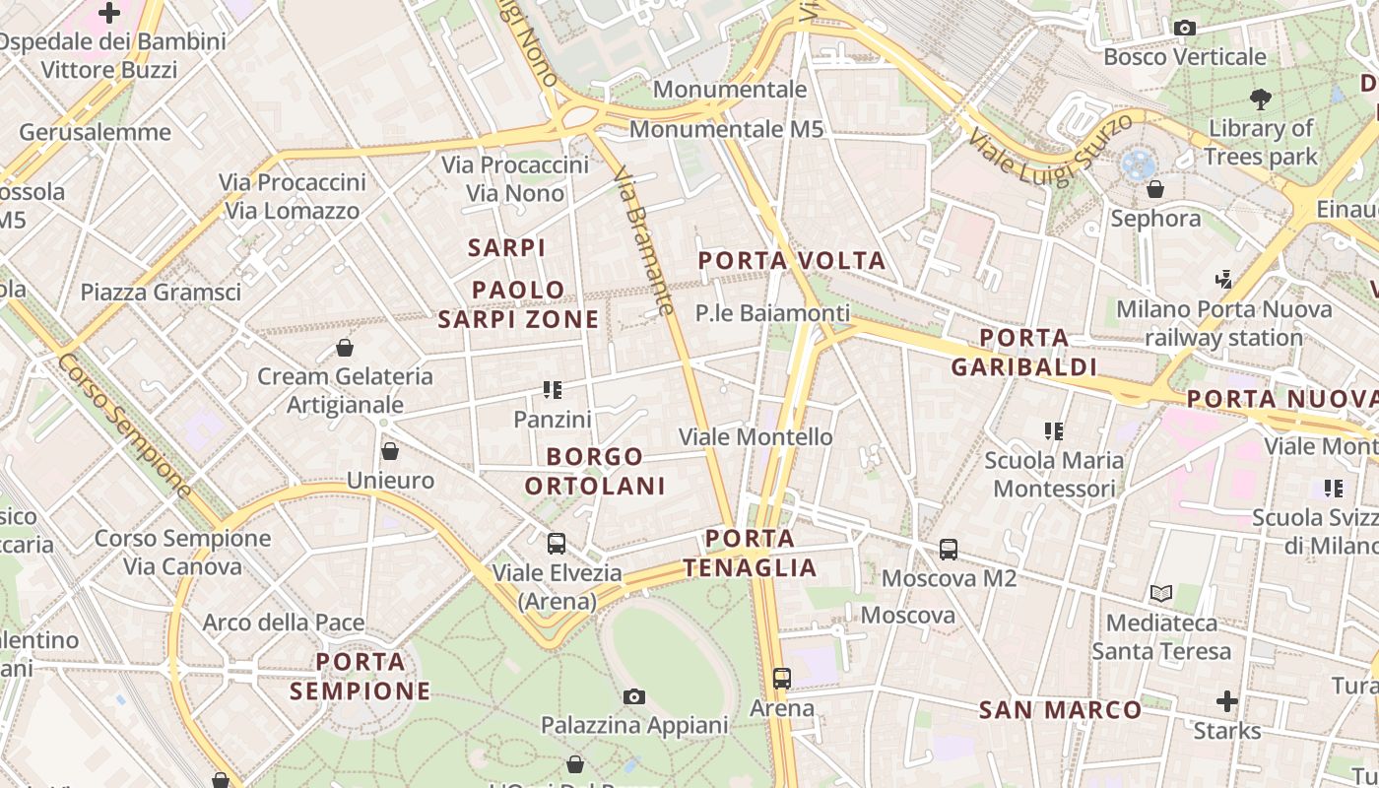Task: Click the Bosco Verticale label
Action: click(1184, 57)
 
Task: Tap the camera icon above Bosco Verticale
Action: click(1184, 29)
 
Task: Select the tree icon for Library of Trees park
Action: click(1260, 98)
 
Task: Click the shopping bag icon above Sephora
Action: click(1155, 189)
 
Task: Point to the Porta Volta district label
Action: click(792, 261)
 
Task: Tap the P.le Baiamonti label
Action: click(772, 313)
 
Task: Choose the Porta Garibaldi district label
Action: click(1024, 353)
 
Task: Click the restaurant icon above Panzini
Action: click(553, 390)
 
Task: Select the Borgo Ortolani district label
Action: click(595, 471)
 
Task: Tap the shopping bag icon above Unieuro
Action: click(390, 452)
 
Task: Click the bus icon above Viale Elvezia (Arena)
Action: click(557, 544)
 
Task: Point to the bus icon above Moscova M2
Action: click(949, 550)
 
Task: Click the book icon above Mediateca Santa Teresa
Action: click(1161, 593)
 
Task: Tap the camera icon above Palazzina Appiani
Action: click(634, 697)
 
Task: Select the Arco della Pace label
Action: click(284, 623)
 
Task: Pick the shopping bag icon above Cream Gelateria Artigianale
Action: click(345, 348)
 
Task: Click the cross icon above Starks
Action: click(1226, 701)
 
